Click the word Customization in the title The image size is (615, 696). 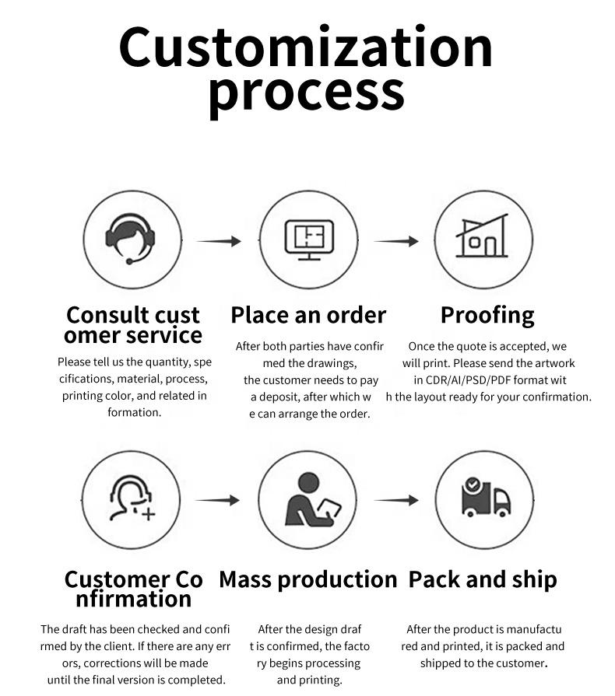(x=306, y=47)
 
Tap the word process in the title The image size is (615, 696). (x=307, y=94)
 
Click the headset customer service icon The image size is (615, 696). (x=130, y=239)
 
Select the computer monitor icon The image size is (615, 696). (x=309, y=240)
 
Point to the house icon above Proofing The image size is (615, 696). (x=482, y=236)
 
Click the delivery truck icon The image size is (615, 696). (x=486, y=497)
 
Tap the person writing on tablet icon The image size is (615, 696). (x=313, y=499)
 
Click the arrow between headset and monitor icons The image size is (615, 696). (x=219, y=241)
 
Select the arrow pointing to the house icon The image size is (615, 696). (x=396, y=241)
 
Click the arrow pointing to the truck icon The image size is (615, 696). (x=396, y=500)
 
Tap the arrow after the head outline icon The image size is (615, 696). (x=217, y=500)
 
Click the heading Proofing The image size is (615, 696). (x=487, y=316)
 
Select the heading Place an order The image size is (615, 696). (x=308, y=315)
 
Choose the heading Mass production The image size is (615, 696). (x=308, y=579)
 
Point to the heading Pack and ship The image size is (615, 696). (x=483, y=579)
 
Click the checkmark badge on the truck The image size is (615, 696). (x=472, y=484)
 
